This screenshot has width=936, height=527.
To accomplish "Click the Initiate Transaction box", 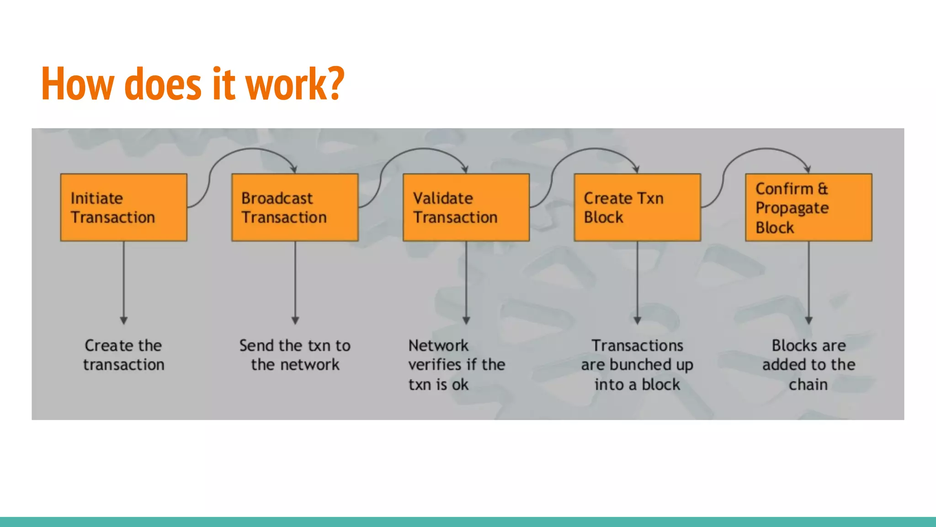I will [x=123, y=207].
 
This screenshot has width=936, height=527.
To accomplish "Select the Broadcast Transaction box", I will [x=295, y=207].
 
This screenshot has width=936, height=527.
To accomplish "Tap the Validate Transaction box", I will [x=466, y=207].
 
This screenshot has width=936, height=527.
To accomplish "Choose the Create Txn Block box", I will [x=637, y=207].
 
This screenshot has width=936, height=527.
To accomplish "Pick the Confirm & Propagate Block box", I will [x=808, y=207].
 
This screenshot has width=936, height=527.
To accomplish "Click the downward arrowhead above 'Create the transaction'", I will [x=123, y=320].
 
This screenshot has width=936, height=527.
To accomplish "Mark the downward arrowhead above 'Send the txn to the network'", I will [x=295, y=320].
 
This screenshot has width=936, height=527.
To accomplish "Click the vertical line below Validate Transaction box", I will [x=466, y=279].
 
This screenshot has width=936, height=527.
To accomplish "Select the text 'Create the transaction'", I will [x=123, y=355].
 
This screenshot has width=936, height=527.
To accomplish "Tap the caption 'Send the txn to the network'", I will [x=295, y=355].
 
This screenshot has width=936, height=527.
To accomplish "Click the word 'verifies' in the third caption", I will [x=435, y=365].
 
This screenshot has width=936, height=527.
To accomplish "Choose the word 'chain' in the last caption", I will [x=808, y=384].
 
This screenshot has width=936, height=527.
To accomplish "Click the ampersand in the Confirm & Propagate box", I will [x=823, y=188].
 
